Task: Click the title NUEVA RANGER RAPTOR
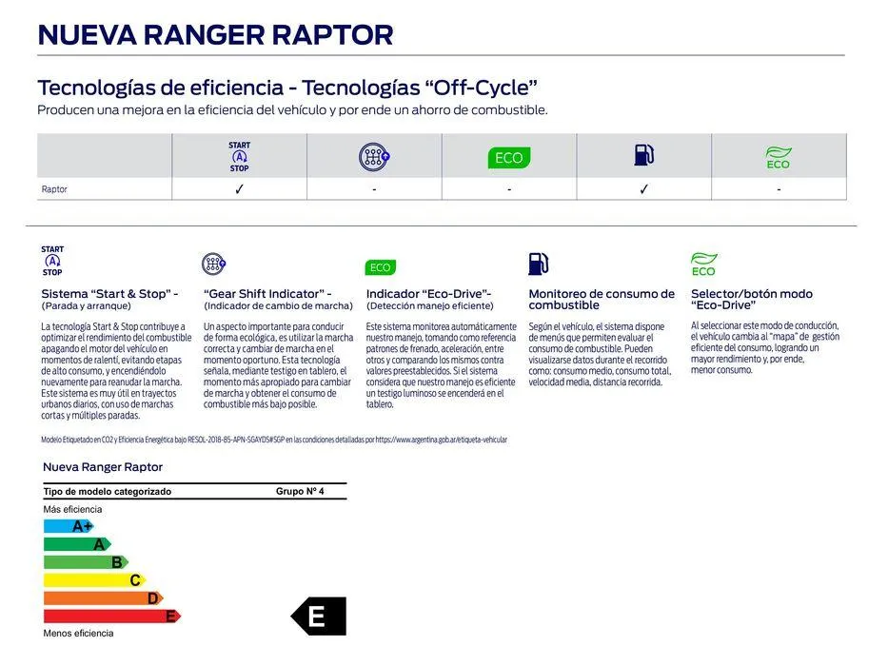[214, 35]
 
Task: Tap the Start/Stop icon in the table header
[240, 157]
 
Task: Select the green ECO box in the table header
[508, 158]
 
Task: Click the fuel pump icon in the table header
[644, 155]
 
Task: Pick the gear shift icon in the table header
[374, 157]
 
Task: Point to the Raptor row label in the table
[54, 189]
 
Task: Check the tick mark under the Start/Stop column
[240, 189]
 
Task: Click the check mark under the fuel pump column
[644, 189]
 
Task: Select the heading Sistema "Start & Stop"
[109, 294]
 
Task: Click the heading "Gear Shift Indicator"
[267, 294]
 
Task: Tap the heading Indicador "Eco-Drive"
[428, 294]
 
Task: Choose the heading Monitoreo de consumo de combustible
[602, 300]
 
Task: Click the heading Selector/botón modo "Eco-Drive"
[752, 300]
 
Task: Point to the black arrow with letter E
[319, 617]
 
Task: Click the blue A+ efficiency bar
[69, 526]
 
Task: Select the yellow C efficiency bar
[93, 580]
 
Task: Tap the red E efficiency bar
[111, 617]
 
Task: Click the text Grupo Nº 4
[300, 492]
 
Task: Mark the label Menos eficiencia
[78, 634]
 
